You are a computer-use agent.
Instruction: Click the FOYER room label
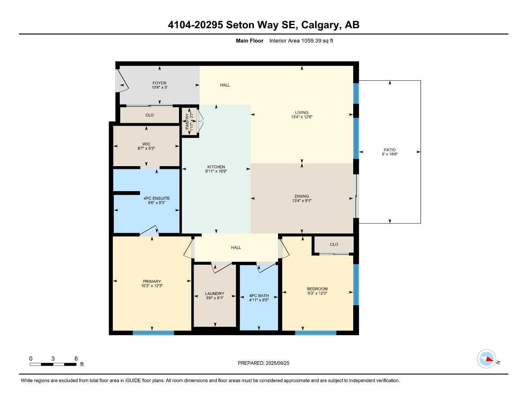[x=159, y=83]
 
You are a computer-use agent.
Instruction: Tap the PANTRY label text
[x=187, y=122]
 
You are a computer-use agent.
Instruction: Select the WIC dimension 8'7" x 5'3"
[x=146, y=148]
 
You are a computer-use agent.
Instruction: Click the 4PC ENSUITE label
[x=156, y=198]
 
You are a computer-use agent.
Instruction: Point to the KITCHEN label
[x=216, y=167]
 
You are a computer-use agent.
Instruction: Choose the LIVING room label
[x=301, y=112]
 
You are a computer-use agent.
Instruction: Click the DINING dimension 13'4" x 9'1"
[x=301, y=201]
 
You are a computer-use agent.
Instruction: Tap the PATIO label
[x=389, y=150]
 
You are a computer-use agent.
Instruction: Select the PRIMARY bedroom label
[x=152, y=281]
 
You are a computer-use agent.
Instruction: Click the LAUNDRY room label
[x=214, y=294]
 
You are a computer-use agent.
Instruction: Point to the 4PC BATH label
[x=259, y=296]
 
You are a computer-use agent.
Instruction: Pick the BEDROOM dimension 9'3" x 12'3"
[x=317, y=293]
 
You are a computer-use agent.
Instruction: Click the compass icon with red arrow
[x=486, y=359]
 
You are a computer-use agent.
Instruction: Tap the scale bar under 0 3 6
[x=53, y=364]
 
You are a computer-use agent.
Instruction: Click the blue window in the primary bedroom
[x=153, y=333]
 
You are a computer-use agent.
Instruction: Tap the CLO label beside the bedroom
[x=334, y=244]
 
